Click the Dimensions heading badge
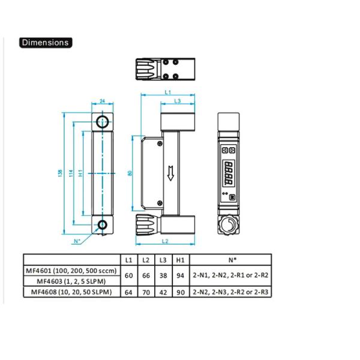tap(46, 43)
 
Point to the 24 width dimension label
tap(102, 101)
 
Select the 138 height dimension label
tap(59, 173)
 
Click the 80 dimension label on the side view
tap(131, 173)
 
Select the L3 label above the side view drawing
tap(178, 101)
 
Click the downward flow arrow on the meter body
tap(171, 173)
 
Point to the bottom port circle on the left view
tap(103, 225)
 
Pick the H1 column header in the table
tap(179, 260)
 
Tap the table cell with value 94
tap(179, 275)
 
